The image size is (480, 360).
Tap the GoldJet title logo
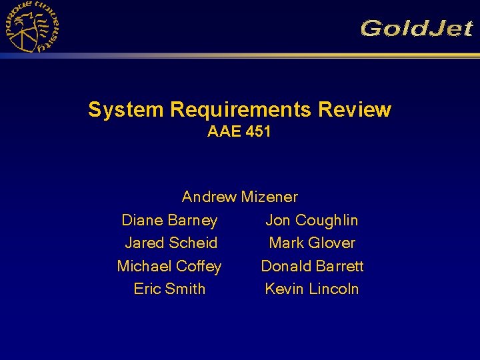coord(417,29)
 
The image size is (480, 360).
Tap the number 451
coord(258,132)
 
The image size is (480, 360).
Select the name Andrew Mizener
coord(239,197)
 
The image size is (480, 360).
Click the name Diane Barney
coord(169,220)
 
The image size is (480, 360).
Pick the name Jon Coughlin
coord(312,220)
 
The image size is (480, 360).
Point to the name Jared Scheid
coord(171,243)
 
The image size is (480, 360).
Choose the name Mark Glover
coord(312,243)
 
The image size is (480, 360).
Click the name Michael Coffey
coord(169,266)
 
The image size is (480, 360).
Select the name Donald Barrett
coord(312,266)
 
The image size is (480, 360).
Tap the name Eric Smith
coord(169,289)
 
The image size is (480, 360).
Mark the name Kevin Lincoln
coord(312,289)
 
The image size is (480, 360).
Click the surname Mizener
coord(269,197)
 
